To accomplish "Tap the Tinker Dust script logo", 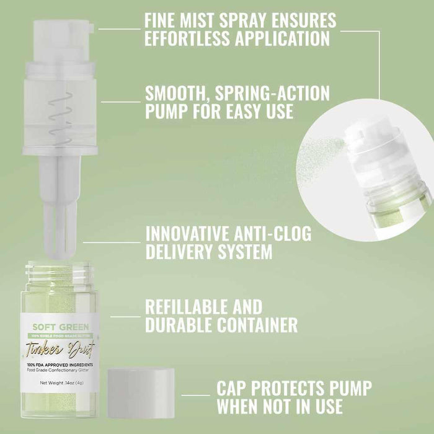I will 61,347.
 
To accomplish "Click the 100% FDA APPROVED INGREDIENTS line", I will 61,365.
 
